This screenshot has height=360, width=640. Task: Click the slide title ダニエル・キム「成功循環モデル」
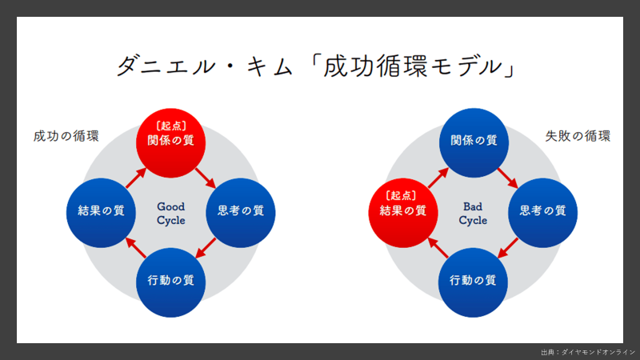click(320, 66)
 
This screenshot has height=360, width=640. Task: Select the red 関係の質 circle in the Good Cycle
click(171, 140)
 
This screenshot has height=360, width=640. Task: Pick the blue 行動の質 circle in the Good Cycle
click(171, 281)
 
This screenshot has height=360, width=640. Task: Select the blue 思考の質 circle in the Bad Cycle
click(542, 211)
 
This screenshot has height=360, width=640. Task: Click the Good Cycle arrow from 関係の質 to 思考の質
click(206, 175)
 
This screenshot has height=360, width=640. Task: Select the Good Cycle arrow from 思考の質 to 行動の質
click(206, 247)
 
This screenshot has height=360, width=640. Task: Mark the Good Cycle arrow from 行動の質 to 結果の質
click(136, 247)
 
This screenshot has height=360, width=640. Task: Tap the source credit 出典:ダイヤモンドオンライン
click(588, 352)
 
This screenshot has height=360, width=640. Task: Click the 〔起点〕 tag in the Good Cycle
click(171, 125)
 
